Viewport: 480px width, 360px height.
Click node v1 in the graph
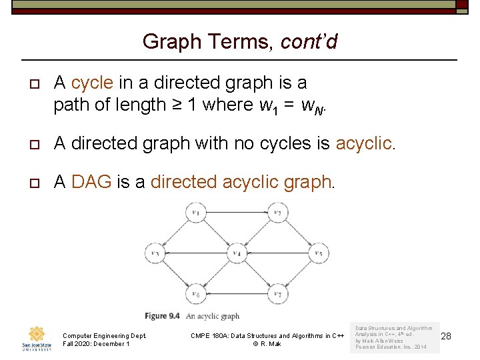click(195, 213)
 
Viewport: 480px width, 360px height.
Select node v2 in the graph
click(278, 213)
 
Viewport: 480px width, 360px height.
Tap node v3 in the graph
click(155, 253)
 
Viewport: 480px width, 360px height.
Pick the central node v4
click(237, 253)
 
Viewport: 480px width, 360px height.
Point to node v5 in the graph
click(319, 253)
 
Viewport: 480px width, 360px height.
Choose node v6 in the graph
click(195, 294)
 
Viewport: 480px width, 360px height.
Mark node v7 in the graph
click(278, 294)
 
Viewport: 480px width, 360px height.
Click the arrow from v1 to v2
click(237, 213)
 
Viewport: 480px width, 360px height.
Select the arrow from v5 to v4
click(278, 253)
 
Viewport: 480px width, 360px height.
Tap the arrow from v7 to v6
click(237, 294)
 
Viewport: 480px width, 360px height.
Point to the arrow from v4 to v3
click(195, 253)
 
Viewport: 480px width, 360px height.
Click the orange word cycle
click(92, 83)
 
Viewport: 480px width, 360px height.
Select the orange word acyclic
click(365, 143)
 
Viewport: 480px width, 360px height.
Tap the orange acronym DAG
click(91, 182)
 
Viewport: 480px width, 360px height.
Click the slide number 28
click(446, 336)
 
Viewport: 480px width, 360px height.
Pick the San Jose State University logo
click(37, 338)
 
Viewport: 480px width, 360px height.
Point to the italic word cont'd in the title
click(309, 42)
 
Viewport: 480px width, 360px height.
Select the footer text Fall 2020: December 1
click(96, 344)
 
